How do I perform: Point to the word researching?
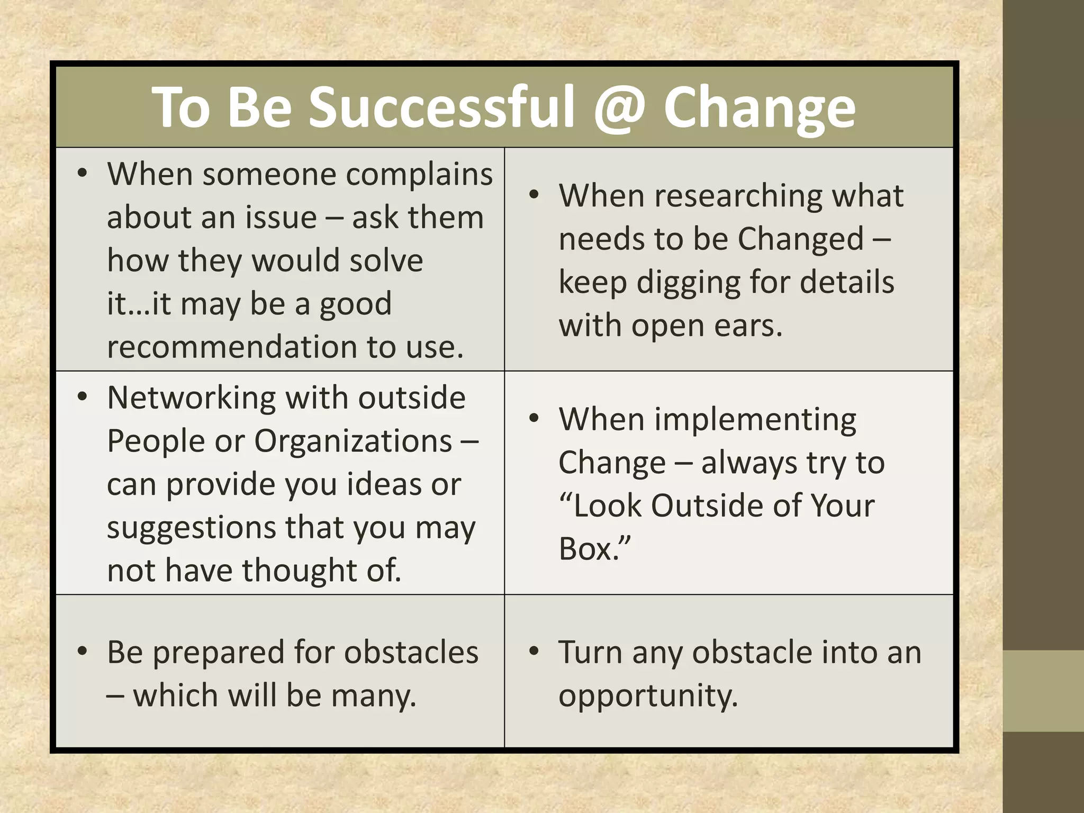(x=738, y=196)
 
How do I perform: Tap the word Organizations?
(x=353, y=441)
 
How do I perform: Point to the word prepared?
(x=219, y=653)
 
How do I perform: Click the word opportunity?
(x=648, y=696)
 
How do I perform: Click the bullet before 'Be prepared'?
(x=82, y=651)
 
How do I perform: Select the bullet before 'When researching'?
(x=534, y=195)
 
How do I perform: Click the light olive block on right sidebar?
(x=1043, y=691)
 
